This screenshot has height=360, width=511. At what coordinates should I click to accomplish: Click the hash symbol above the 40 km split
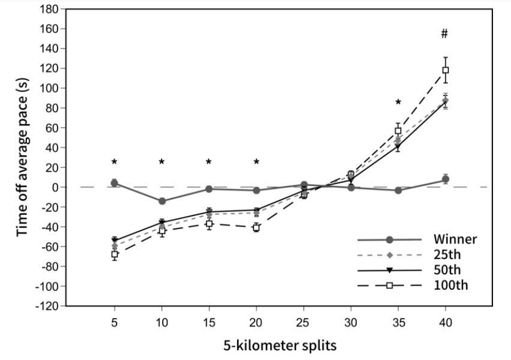[x=444, y=34]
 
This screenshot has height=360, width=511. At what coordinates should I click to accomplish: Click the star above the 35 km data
[x=398, y=103]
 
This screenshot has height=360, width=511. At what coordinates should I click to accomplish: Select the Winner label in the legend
[x=455, y=239]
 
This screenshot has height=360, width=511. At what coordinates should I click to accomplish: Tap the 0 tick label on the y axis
[x=55, y=187]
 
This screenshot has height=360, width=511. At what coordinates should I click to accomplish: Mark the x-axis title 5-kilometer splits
[x=280, y=346]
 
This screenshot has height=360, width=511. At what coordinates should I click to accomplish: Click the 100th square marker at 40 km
[x=446, y=70]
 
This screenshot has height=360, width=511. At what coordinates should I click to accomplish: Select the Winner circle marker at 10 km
[x=162, y=201]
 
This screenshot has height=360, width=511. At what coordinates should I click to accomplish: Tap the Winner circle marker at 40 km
[x=446, y=179]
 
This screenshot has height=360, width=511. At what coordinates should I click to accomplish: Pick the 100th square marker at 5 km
[x=114, y=254]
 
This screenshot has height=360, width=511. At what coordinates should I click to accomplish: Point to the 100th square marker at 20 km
[x=256, y=227]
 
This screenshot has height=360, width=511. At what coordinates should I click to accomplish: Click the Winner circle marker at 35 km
[x=398, y=190]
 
